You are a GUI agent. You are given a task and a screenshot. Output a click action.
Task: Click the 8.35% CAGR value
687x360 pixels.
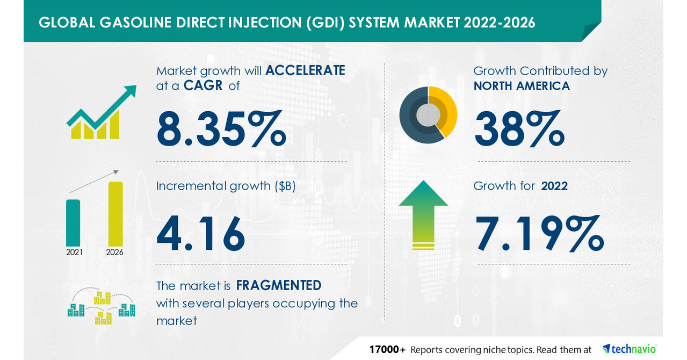(x=221, y=128)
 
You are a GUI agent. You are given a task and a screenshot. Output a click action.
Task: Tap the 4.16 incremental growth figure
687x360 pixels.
(x=201, y=234)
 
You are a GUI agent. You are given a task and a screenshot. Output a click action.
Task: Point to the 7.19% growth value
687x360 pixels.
(x=539, y=234)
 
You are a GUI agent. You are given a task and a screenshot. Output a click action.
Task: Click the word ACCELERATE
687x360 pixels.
(x=305, y=70)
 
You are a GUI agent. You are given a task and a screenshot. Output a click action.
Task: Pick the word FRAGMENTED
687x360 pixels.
(x=279, y=285)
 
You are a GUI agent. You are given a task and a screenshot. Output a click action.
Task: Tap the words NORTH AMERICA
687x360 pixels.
(x=521, y=85)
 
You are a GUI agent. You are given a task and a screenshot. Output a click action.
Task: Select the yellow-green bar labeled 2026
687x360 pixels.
(x=115, y=214)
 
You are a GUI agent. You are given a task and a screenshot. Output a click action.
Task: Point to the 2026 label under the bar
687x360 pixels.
(x=115, y=252)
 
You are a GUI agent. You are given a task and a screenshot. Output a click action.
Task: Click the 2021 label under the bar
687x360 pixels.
(x=74, y=252)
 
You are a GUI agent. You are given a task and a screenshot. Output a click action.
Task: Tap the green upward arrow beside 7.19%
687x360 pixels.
(x=423, y=214)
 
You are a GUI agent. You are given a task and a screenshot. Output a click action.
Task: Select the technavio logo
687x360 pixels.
(x=629, y=349)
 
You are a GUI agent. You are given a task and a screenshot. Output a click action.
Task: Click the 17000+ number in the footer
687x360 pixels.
(x=387, y=350)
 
